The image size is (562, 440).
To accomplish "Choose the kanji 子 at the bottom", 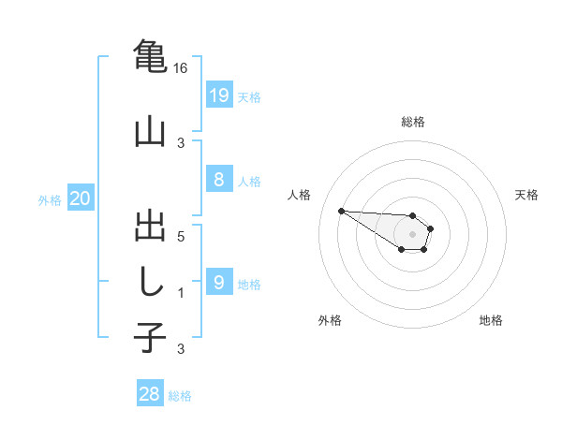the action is click(x=150, y=337).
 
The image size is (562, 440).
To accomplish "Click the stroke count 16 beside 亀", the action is click(x=181, y=68).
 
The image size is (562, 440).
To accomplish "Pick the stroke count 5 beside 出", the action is click(x=181, y=236).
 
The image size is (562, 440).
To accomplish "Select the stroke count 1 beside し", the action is click(x=181, y=293).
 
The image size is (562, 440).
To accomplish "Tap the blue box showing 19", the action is click(x=218, y=95).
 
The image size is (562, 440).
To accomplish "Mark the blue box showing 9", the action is click(x=218, y=282).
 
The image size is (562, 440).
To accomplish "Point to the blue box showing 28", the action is click(x=150, y=394).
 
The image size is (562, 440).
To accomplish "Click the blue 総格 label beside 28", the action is click(x=180, y=396).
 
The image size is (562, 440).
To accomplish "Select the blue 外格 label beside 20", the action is click(x=50, y=199).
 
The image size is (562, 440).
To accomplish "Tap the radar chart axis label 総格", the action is click(x=412, y=122).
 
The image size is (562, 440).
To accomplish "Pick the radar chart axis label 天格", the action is click(x=526, y=195).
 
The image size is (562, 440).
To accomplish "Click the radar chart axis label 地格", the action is click(x=491, y=320).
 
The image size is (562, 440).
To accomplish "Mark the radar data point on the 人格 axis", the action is click(x=341, y=211).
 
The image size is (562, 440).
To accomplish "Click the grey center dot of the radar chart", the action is click(x=412, y=233).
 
